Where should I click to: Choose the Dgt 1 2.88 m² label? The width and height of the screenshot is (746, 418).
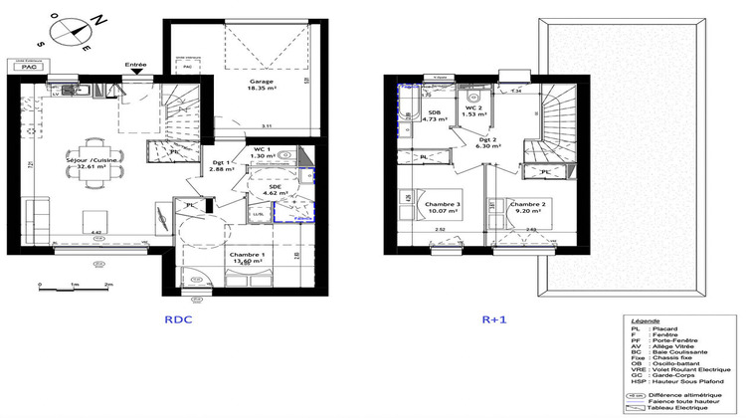point(223,167)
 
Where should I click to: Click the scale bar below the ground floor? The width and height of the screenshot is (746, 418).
point(75,287)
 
